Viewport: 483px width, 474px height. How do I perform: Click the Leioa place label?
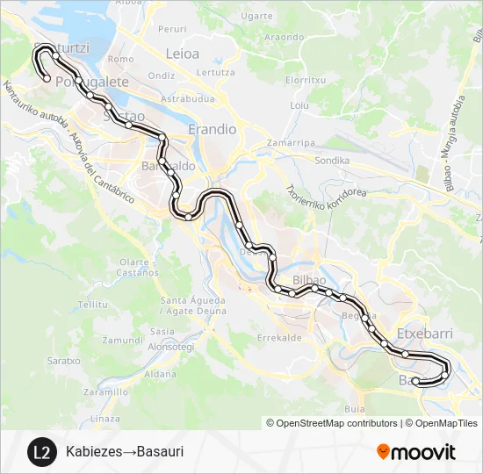point(183,54)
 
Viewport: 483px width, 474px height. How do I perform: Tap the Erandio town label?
point(213,129)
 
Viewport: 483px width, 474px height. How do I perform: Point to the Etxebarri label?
point(423,334)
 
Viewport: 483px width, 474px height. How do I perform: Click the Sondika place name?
point(332,161)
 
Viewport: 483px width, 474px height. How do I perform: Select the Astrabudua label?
point(187,99)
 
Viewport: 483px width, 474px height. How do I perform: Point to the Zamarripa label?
point(292,142)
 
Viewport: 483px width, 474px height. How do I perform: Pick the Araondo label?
point(284,37)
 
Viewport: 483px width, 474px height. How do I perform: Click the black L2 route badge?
point(40,452)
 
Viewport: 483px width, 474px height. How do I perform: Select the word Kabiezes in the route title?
point(92,452)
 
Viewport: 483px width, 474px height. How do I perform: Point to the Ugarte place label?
point(256,16)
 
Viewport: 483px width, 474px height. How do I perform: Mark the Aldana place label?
point(160,374)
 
